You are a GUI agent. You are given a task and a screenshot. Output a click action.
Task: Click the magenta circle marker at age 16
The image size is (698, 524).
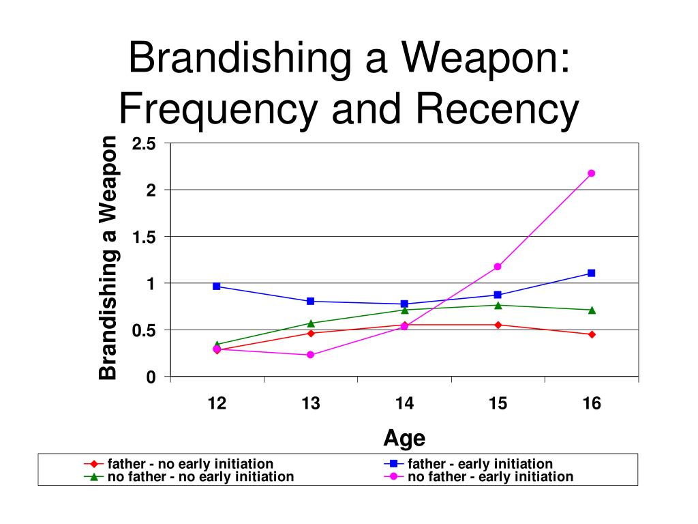(591, 173)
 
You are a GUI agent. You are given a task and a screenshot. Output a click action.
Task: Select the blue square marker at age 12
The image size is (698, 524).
(217, 286)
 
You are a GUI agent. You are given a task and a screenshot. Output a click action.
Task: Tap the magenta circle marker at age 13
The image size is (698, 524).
(311, 355)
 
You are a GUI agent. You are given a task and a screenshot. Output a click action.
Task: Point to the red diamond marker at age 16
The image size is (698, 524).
(592, 334)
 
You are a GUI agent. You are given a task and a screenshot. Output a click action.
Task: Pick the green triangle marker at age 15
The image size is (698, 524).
(498, 305)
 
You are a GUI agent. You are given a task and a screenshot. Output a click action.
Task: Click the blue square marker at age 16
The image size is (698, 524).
(591, 273)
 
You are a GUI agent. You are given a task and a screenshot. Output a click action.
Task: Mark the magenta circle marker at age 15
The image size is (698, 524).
(498, 267)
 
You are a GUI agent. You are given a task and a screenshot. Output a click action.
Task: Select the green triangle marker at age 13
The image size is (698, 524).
(311, 323)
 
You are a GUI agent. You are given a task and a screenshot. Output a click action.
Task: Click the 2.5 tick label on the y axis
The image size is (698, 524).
(144, 144)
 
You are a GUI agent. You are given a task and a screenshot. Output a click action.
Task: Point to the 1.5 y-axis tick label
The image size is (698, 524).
(144, 237)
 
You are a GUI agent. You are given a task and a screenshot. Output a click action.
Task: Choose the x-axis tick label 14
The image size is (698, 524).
(404, 403)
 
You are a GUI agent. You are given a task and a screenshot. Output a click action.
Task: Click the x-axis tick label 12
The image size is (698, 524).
(217, 403)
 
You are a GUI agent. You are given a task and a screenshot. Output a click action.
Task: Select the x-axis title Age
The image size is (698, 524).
(404, 439)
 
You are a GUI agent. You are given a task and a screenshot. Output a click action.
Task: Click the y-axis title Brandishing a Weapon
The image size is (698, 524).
(108, 257)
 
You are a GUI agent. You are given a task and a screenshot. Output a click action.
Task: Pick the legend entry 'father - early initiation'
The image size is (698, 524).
(468, 464)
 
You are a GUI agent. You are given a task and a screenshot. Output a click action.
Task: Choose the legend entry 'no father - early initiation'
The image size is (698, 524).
(479, 477)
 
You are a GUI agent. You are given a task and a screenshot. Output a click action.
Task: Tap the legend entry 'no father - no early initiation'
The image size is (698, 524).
(189, 477)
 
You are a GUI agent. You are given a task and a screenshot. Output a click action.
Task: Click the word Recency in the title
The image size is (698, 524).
(497, 109)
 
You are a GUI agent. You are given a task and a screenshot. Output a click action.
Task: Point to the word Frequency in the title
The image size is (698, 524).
(218, 109)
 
